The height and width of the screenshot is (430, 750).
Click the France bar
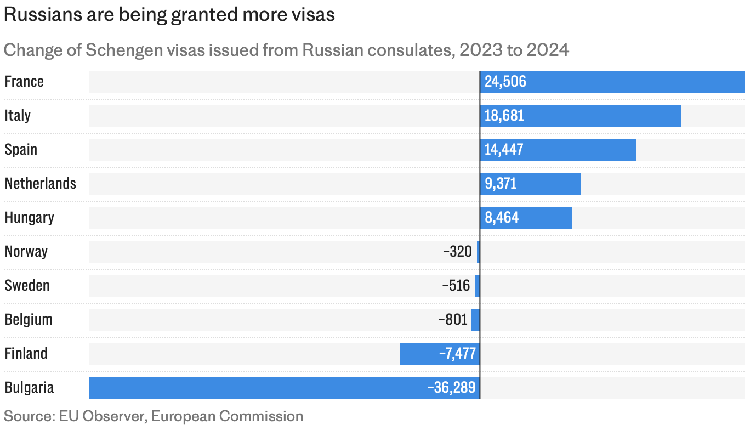pyautogui.click(x=612, y=82)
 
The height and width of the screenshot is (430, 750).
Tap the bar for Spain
pyautogui.click(x=558, y=150)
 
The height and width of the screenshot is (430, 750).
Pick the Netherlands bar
pyautogui.click(x=530, y=184)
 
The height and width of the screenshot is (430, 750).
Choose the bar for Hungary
pyautogui.click(x=525, y=218)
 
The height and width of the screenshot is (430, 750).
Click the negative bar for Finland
pyautogui.click(x=440, y=354)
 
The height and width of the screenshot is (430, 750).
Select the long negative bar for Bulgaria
pyautogui.click(x=285, y=388)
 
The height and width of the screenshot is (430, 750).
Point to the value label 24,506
pyautogui.click(x=505, y=82)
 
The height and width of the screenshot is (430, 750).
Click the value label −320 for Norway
pyautogui.click(x=457, y=252)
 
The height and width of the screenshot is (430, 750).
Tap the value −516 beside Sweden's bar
pyautogui.click(x=456, y=286)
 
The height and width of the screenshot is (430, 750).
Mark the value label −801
pyautogui.click(x=453, y=320)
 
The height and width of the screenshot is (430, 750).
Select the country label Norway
pyautogui.click(x=26, y=252)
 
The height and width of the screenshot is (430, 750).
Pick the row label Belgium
pyautogui.click(x=29, y=320)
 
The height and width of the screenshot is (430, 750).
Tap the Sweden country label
pyautogui.click(x=27, y=286)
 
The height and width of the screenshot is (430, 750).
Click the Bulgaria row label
pyautogui.click(x=29, y=388)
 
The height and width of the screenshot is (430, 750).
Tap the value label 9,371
pyautogui.click(x=501, y=184)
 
